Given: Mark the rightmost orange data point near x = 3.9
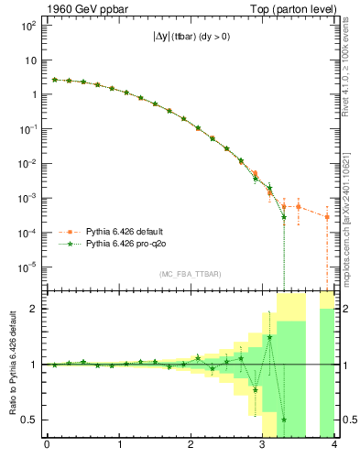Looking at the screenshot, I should [327, 217].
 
